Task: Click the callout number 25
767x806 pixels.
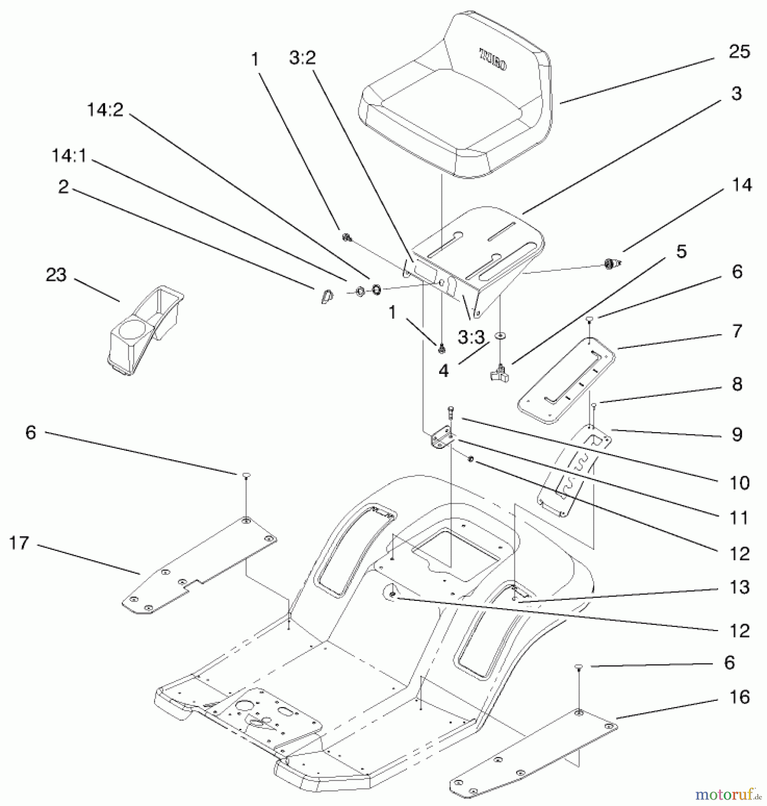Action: [x=739, y=52]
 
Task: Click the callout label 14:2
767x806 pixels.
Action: [x=105, y=109]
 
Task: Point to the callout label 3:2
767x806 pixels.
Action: [x=302, y=58]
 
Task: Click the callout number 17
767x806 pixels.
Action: [x=19, y=543]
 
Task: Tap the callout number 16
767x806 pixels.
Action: [x=739, y=697]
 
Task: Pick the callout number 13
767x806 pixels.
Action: [x=739, y=587]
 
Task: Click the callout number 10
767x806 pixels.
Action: [x=739, y=483]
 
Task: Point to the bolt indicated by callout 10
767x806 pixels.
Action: [x=450, y=412]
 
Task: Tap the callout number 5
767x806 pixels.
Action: [x=681, y=252]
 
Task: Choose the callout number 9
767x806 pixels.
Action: [x=737, y=434]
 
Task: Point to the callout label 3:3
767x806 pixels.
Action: [x=471, y=337]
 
